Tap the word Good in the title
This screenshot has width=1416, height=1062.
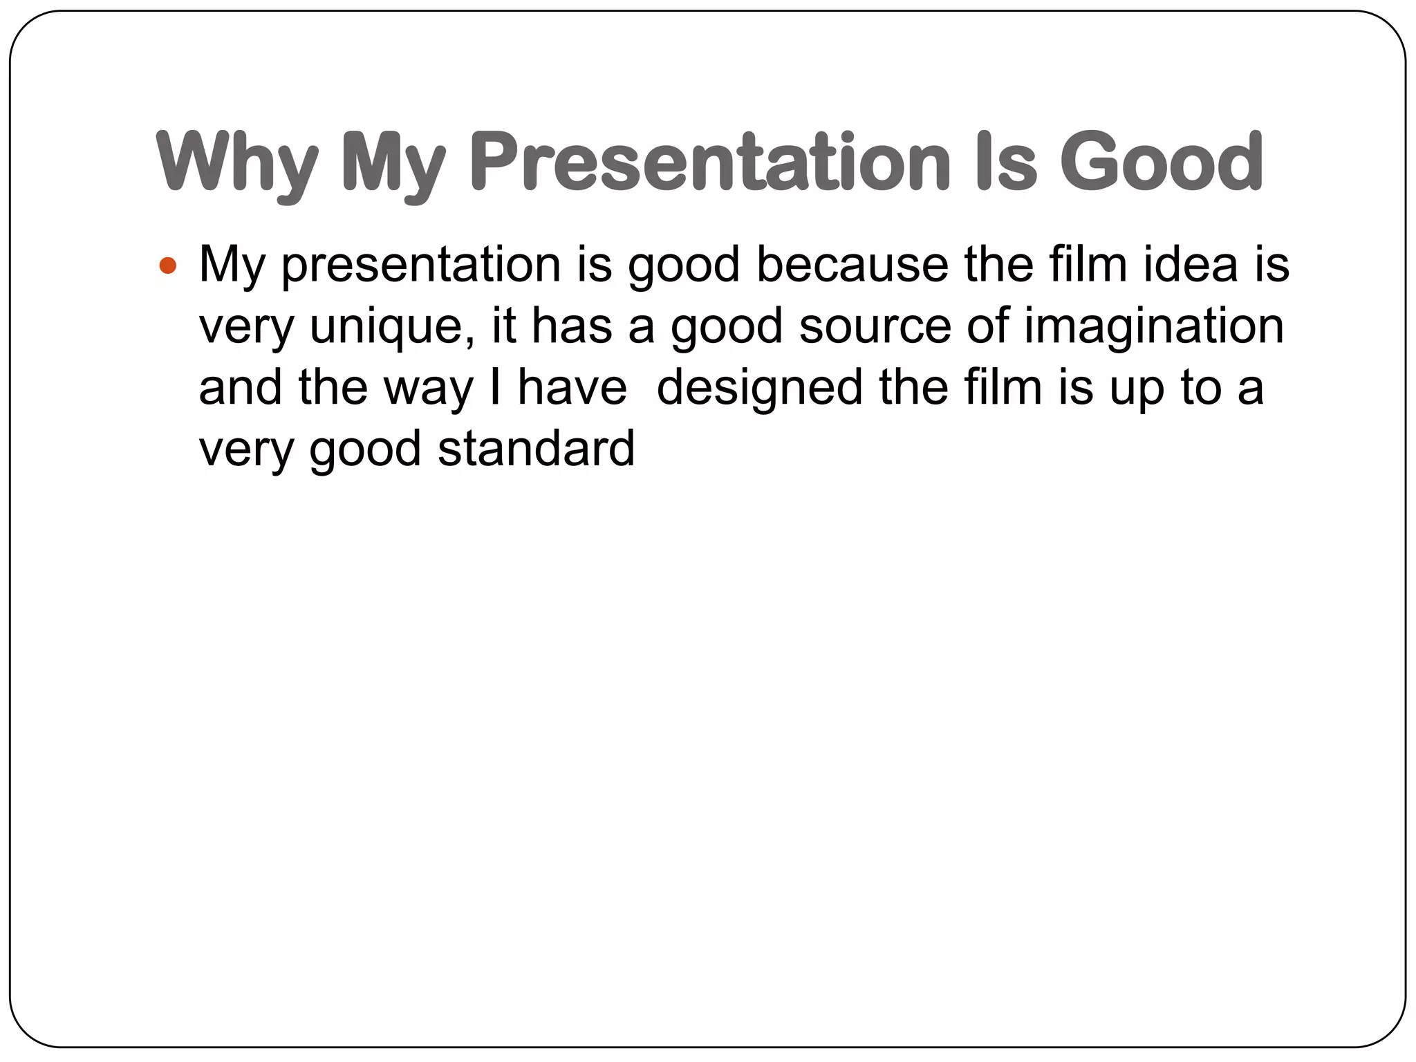click(x=1162, y=162)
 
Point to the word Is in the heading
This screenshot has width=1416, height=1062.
click(x=1006, y=162)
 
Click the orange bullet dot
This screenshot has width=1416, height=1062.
click(x=168, y=265)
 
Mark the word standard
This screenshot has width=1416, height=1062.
click(x=536, y=449)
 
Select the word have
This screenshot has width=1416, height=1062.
click(x=572, y=387)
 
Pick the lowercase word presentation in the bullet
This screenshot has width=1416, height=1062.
click(x=421, y=265)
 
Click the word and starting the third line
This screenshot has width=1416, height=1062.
click(x=241, y=387)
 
